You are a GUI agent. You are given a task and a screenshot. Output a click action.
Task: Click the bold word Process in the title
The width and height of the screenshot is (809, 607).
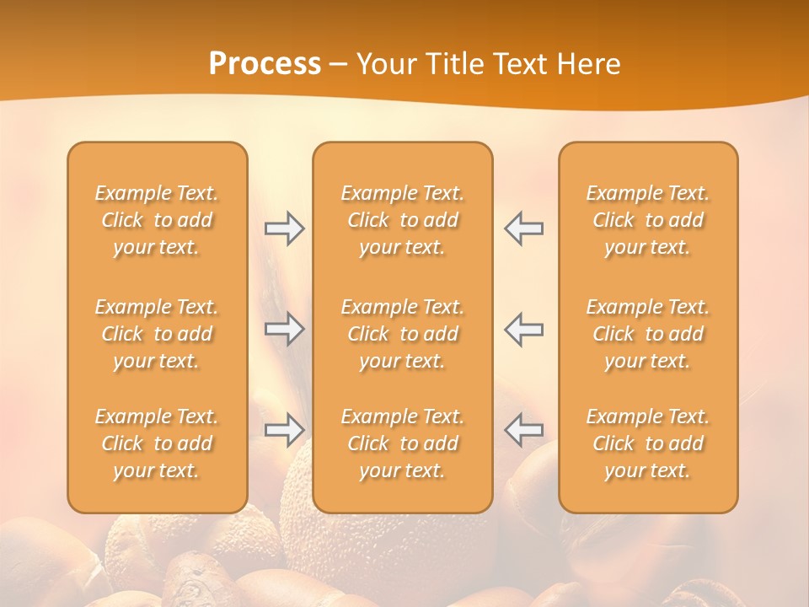pos(265,64)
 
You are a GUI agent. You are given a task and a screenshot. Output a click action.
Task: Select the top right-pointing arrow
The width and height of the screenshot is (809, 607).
pos(285,229)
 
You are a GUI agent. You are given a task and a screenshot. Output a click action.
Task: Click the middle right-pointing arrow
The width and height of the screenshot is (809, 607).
pos(285,329)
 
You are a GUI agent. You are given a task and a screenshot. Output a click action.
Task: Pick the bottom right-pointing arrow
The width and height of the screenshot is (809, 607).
pos(285,430)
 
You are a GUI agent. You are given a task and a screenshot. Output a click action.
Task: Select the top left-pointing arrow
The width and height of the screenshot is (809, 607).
pos(523,229)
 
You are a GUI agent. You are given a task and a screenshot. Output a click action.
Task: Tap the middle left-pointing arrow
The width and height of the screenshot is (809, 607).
pos(523,329)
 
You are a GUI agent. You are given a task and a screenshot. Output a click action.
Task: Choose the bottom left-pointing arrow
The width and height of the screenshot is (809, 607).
pos(523,430)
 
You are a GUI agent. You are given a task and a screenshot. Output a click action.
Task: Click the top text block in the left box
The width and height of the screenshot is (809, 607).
pos(157,220)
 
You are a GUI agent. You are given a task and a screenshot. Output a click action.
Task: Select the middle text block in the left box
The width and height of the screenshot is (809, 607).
pos(157,334)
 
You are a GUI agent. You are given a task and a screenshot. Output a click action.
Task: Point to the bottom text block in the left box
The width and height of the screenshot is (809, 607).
pos(157,443)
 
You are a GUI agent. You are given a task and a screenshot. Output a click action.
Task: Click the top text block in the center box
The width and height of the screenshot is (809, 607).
pos(403,220)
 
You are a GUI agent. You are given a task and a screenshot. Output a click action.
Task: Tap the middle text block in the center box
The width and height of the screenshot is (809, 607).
pos(403,334)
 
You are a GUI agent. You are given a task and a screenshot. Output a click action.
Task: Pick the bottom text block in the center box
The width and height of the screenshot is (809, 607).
pos(403,443)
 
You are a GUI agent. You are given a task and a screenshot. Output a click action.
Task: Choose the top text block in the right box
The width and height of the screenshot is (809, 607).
pos(648,220)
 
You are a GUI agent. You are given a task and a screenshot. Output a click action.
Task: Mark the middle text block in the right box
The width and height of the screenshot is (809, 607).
pos(648,334)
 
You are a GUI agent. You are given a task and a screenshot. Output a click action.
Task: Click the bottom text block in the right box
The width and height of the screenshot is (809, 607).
pos(648,443)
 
